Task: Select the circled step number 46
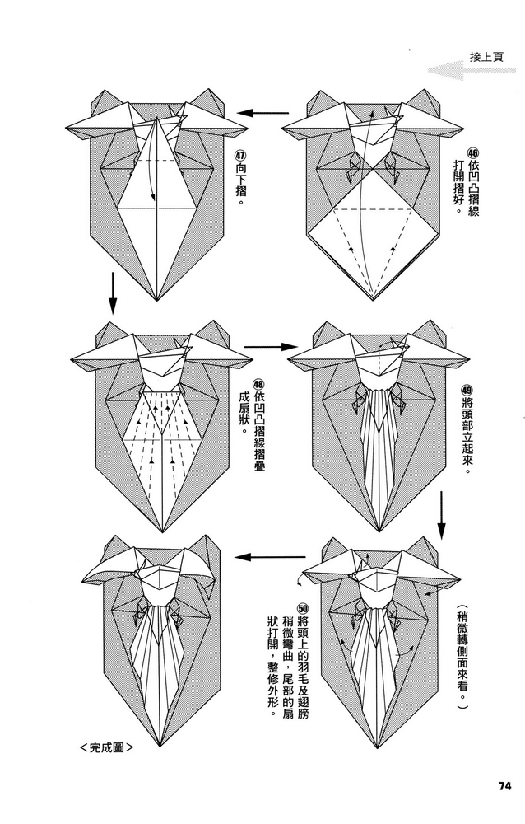[x=472, y=154]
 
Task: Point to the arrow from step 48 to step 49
[x=262, y=347]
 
